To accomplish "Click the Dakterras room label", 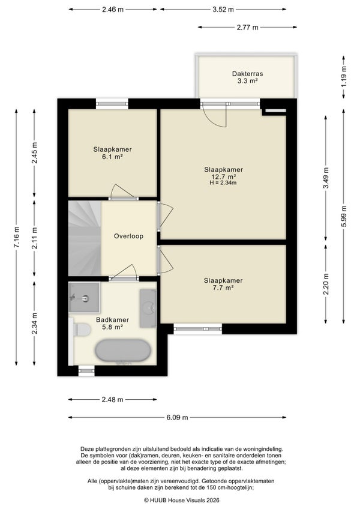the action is tap(247, 74).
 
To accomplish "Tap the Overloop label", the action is tap(128, 236).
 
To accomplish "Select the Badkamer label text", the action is tap(112, 320).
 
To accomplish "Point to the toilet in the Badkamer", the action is tap(80, 330).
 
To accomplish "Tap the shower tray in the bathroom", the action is tap(84, 297).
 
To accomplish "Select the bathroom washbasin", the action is tap(148, 308).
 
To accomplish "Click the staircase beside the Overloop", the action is tap(85, 239).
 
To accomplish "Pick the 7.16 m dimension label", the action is tap(17, 237).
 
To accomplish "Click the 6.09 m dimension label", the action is tap(177, 417).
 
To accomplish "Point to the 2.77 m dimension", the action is tap(247, 27).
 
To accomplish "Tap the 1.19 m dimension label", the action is tap(344, 76).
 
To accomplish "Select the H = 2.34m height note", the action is tap(223, 182).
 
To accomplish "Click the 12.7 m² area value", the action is tap(223, 176).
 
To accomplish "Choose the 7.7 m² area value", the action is tap(223, 288).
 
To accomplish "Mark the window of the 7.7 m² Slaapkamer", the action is tap(197, 329).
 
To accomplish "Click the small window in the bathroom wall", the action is tap(86, 371).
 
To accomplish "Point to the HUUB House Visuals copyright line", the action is tap(182, 500).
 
